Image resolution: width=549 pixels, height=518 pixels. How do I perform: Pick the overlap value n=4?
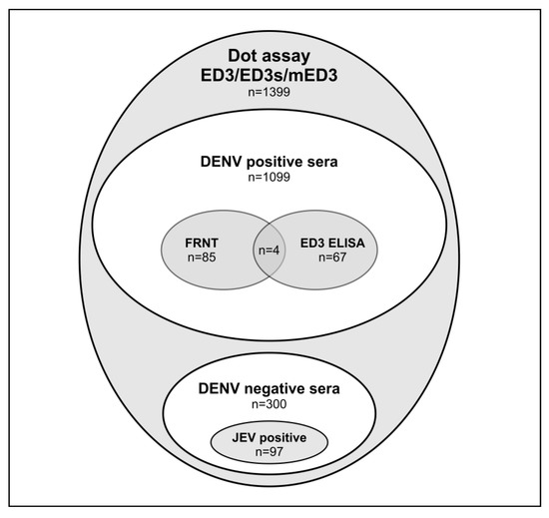click(x=269, y=250)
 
